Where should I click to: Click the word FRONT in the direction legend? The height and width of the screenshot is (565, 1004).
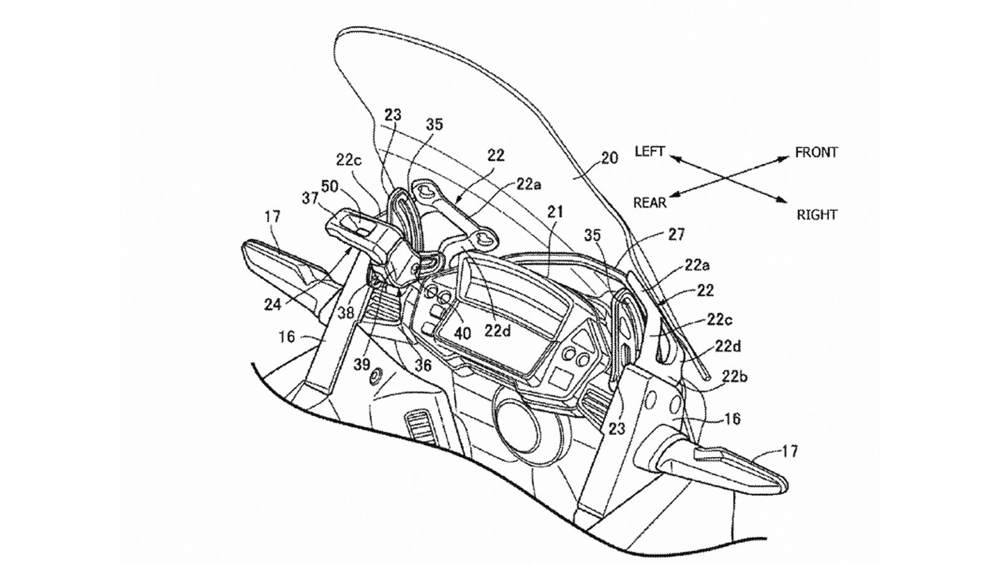tap(816, 153)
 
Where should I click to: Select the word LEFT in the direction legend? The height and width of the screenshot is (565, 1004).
tap(649, 152)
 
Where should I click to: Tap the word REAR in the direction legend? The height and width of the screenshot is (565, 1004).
tap(650, 202)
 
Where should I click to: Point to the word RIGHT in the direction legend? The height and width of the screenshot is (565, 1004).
tap(817, 215)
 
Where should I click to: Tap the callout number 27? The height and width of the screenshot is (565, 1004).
tap(676, 235)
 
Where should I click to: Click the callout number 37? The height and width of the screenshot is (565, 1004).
tap(309, 198)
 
